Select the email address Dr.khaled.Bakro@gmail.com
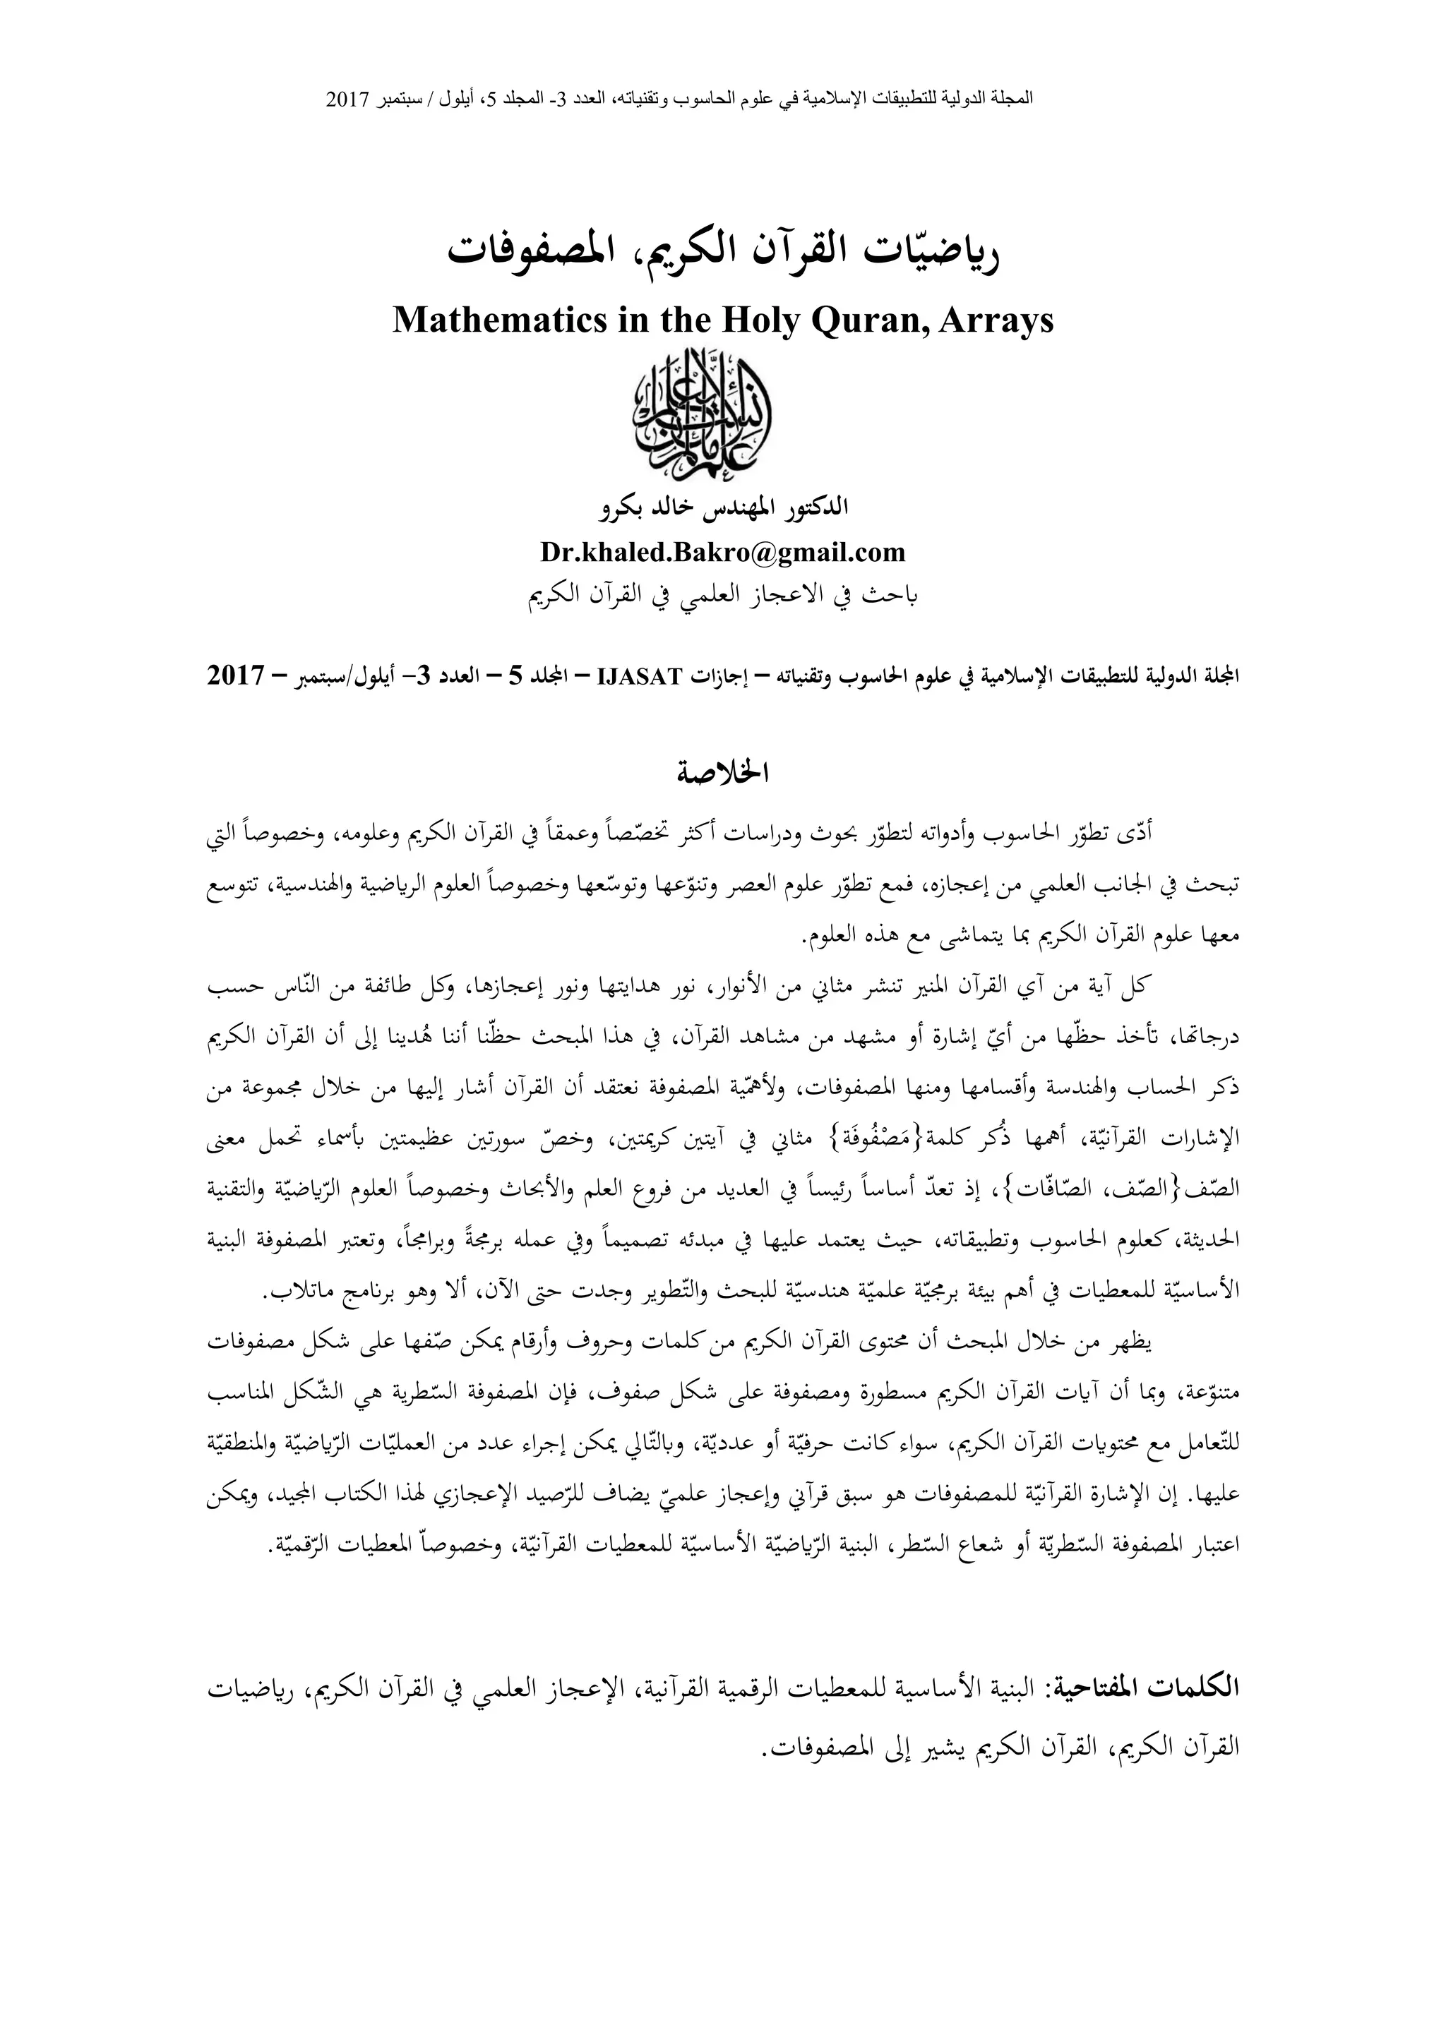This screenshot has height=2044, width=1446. click(x=723, y=552)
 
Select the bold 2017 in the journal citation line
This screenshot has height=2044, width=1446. click(x=235, y=675)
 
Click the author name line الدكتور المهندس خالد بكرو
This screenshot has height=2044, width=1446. click(x=723, y=510)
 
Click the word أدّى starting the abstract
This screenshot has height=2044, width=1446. click(x=1140, y=834)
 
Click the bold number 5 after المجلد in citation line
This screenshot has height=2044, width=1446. click(x=515, y=675)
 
